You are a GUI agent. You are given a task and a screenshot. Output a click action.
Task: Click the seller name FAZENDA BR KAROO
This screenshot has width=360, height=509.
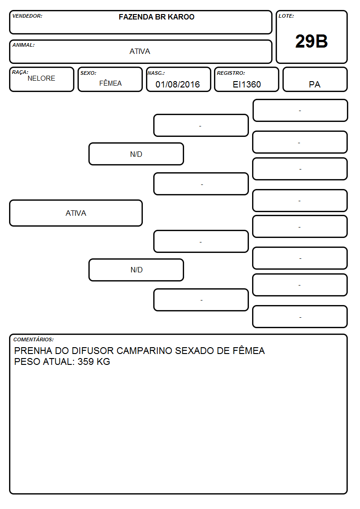tap(156, 17)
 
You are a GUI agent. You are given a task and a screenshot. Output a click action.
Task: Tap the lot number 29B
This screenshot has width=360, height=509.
tap(311, 41)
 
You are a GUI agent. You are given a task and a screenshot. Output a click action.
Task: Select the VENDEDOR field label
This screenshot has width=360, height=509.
tap(27, 16)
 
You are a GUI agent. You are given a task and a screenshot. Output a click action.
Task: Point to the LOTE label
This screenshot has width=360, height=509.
tap(286, 16)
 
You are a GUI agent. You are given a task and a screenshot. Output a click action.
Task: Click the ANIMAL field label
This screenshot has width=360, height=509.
tap(24, 45)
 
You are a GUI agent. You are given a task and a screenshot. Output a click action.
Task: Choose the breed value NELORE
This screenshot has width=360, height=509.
tap(41, 78)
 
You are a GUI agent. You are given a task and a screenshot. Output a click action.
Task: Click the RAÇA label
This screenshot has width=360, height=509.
tap(20, 72)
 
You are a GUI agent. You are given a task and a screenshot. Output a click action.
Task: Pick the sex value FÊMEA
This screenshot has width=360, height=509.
tap(110, 83)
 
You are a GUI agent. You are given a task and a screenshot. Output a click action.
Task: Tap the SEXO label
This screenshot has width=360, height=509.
tap(88, 73)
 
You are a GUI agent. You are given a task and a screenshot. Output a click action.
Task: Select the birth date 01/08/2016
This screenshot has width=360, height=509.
tap(178, 84)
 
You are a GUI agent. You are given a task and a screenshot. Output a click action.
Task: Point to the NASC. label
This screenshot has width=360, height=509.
tap(156, 73)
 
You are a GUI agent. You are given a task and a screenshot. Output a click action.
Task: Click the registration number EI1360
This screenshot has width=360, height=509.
tap(247, 84)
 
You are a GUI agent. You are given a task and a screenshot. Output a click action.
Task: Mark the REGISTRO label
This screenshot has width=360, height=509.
tap(231, 73)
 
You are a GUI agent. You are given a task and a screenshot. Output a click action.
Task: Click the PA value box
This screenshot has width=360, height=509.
tap(315, 79)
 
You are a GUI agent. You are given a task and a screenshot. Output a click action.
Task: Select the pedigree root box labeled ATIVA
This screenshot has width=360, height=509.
tap(76, 213)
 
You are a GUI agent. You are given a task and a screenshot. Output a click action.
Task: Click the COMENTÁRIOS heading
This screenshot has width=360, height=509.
tap(34, 339)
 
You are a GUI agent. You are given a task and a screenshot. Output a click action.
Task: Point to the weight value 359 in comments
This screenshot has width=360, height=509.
tap(86, 362)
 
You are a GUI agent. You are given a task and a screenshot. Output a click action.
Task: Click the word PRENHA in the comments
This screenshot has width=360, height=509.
tap(33, 350)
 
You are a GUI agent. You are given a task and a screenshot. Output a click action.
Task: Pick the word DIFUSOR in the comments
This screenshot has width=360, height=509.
tap(92, 350)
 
